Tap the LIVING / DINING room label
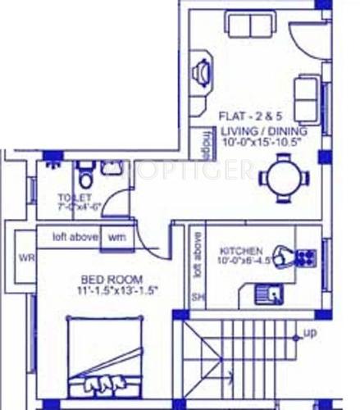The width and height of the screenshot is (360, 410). (x=262, y=130)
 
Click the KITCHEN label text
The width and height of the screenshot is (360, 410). (x=241, y=250)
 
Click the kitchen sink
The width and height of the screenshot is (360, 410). (x=267, y=289)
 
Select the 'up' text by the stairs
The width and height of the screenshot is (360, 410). (x=309, y=333)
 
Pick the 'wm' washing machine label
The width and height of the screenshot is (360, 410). (x=116, y=238)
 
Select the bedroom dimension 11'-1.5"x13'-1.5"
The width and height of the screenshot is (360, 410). (x=118, y=291)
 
